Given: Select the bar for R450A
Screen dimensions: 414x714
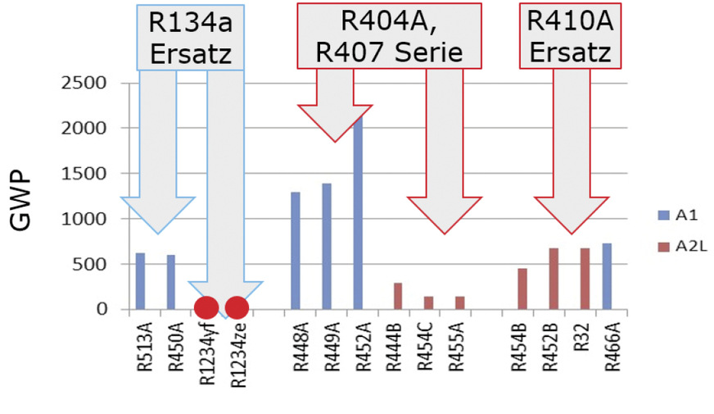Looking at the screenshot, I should click(171, 282).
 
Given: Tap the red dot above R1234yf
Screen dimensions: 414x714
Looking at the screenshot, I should click(206, 307).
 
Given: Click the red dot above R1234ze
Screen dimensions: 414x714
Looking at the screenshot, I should click(237, 307).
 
